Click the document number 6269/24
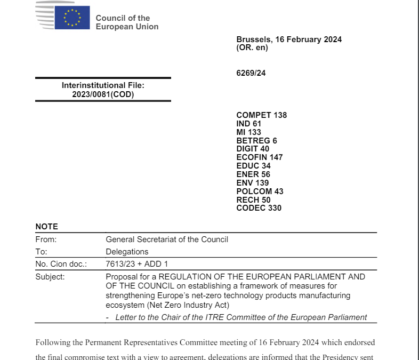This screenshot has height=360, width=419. tap(251, 73)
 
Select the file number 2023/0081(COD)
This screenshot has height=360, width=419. tap(103, 95)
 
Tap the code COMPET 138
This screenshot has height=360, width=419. tap(261, 115)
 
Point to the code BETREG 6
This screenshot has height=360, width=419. tap(256, 141)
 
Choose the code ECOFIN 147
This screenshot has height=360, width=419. tap(260, 157)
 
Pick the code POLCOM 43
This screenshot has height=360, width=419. tap(260, 191)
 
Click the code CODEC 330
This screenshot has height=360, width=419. tap(259, 208)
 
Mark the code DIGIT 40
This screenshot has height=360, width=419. tap(253, 149)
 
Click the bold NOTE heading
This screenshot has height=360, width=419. tap(47, 227)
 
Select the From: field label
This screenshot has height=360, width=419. tap(46, 239)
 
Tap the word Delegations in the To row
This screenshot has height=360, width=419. tap(127, 252)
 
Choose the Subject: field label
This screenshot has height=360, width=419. tap(50, 277)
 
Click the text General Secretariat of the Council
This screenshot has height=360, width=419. tap(167, 239)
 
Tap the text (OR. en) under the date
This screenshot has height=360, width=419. tap(252, 47)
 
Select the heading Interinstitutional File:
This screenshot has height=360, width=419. tap(103, 85)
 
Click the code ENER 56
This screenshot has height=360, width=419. tap(253, 174)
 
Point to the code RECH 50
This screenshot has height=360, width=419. tap(254, 199)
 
